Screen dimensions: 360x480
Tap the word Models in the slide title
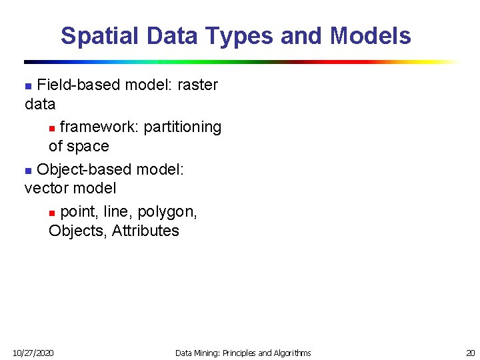370,35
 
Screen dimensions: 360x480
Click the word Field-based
70,85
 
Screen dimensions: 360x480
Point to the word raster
197,85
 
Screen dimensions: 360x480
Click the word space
88,146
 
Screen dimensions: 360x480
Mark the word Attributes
145,231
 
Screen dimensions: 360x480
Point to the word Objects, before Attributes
78,231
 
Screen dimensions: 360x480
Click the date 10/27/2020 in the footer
34,353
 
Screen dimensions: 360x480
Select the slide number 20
470,353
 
